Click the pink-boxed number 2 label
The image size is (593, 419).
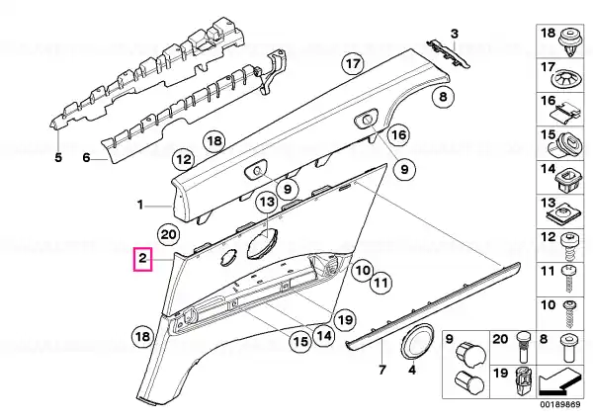click(x=142, y=259)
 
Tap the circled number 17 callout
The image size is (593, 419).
click(x=353, y=63)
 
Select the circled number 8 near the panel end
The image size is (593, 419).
click(x=443, y=97)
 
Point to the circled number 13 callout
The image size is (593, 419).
click(x=267, y=202)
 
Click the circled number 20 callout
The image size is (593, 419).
click(x=169, y=235)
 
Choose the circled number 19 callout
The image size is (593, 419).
click(x=345, y=320)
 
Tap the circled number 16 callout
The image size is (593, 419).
click(x=398, y=135)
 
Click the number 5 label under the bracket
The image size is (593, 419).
click(x=58, y=157)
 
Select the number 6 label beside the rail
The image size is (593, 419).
click(x=87, y=157)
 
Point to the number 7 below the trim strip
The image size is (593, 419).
click(x=381, y=370)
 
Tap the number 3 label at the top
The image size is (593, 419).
click(x=455, y=34)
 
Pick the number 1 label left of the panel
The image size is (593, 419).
click(x=140, y=206)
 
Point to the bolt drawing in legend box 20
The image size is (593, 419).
click(x=521, y=346)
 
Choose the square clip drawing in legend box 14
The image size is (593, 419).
click(x=569, y=179)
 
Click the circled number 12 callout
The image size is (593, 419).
click(x=184, y=159)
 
